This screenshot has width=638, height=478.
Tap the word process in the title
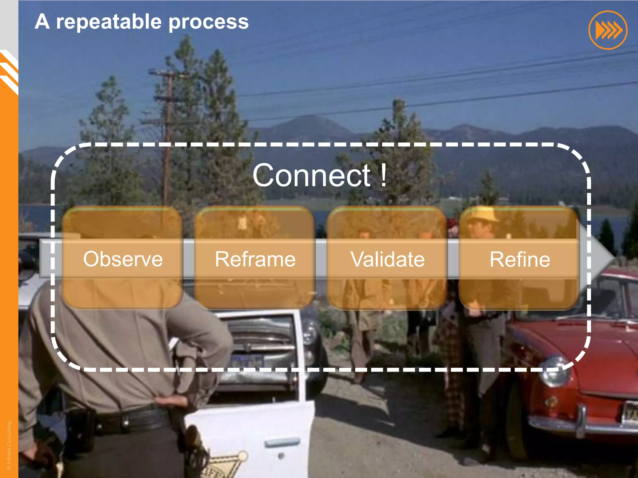pyautogui.click(x=208, y=22)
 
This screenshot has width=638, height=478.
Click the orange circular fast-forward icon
pyautogui.click(x=608, y=30)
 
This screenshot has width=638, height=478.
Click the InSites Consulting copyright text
pyautogui.click(x=9, y=445)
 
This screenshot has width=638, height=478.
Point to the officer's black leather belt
pyautogui.click(x=131, y=420)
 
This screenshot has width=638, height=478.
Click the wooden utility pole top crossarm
pyautogui.click(x=165, y=73)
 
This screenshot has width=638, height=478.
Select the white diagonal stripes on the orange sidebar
pyautogui.click(x=9, y=72)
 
